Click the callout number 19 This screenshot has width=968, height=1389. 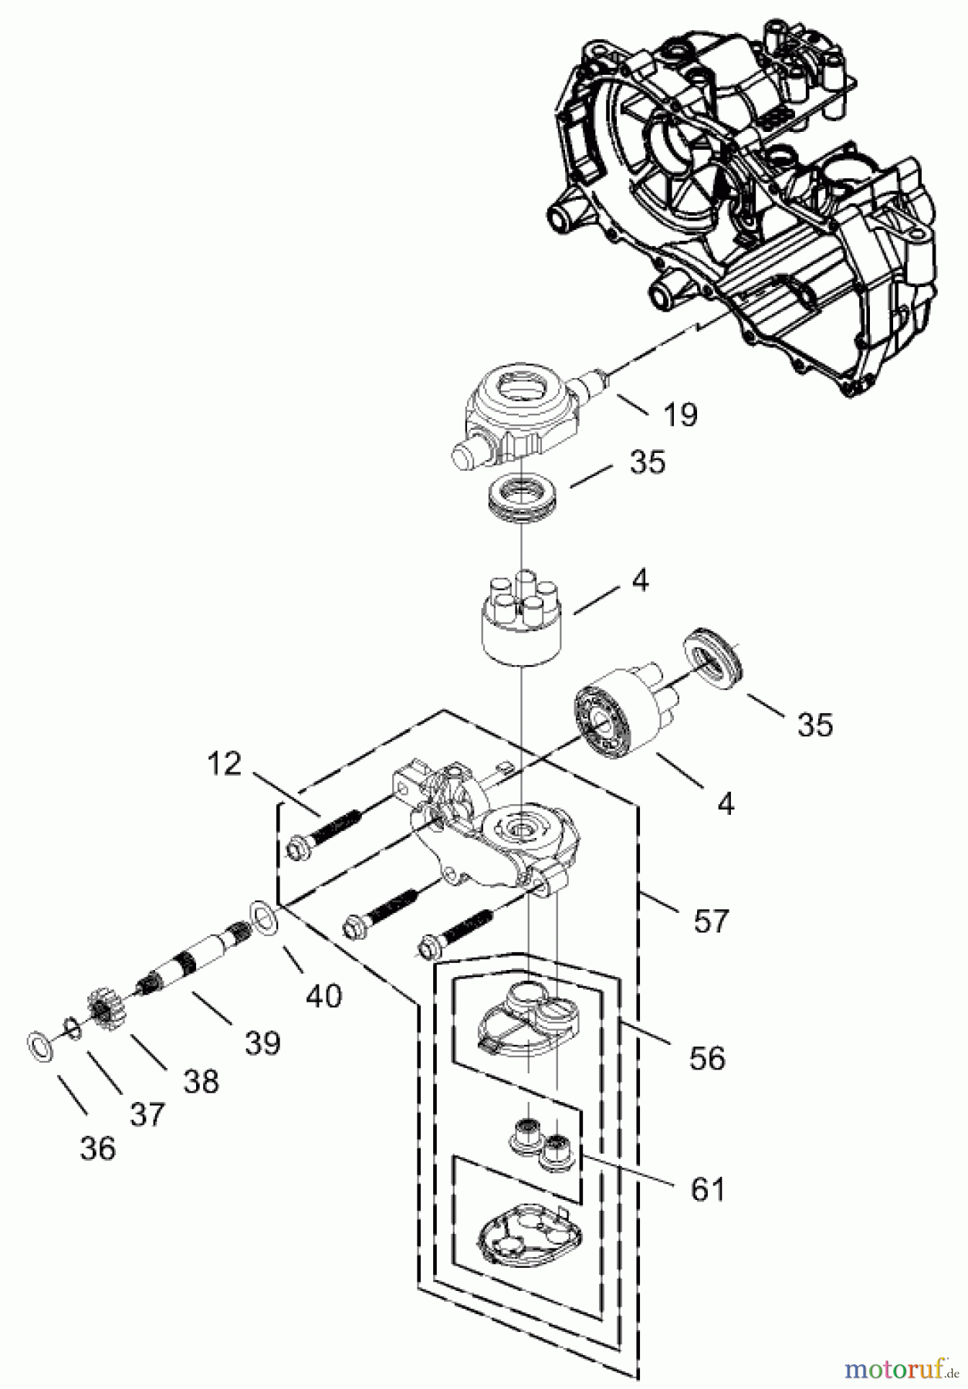[x=680, y=414]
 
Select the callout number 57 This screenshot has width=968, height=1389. [x=711, y=921]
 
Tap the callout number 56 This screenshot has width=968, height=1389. [x=707, y=1058]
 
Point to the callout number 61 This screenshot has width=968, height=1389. [x=708, y=1189]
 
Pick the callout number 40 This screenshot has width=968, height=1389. [x=323, y=995]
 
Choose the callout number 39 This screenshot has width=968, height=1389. [x=262, y=1043]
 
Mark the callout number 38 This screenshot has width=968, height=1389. [x=201, y=1081]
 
